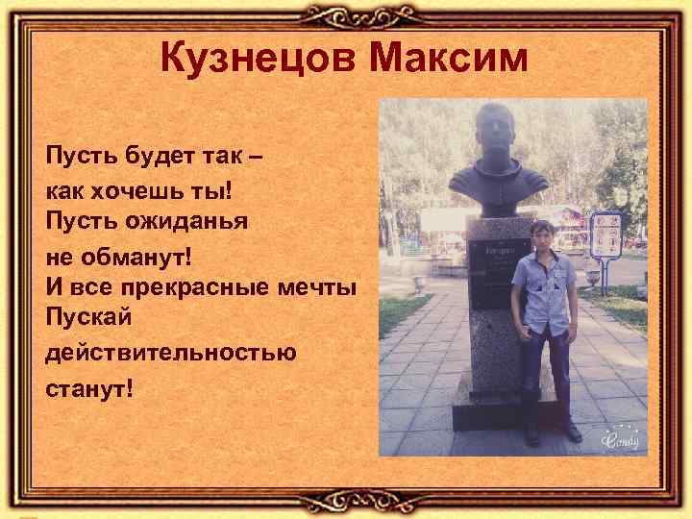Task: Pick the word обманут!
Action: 138,255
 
